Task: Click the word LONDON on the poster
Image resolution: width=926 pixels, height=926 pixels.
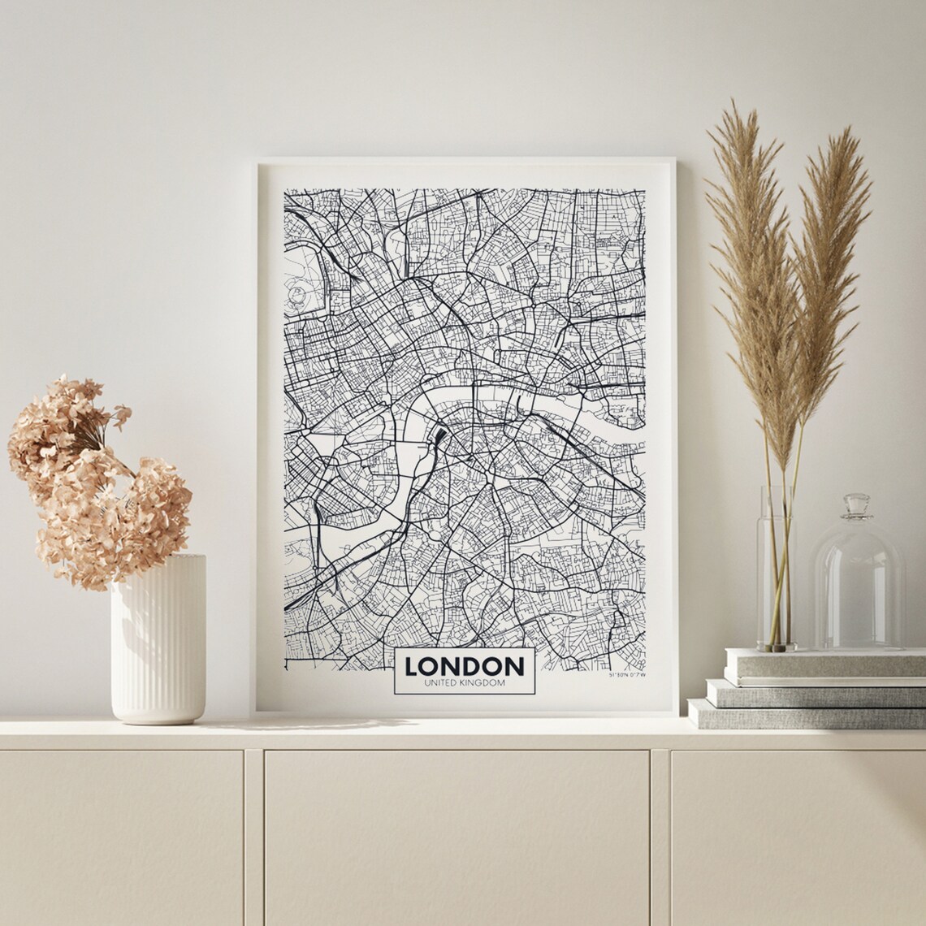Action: (464, 666)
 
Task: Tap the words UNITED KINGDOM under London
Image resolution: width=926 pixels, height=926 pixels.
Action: (464, 683)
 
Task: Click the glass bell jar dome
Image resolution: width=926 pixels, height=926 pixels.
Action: (858, 585)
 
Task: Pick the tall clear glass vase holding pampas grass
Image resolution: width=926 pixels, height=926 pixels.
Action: (776, 569)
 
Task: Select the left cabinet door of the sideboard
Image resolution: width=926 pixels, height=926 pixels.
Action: (122, 837)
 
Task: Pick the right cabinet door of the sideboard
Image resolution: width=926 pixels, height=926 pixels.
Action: (796, 837)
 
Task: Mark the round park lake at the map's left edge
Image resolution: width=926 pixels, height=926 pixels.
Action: (297, 293)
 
